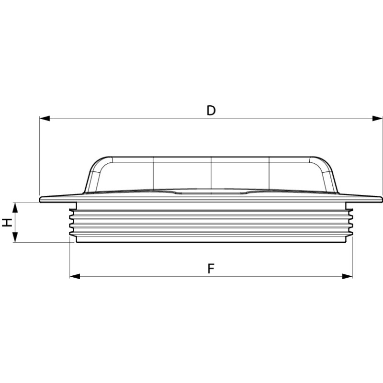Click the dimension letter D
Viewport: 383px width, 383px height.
click(x=211, y=111)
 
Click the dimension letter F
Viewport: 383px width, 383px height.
click(x=211, y=269)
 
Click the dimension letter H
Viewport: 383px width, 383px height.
click(x=7, y=222)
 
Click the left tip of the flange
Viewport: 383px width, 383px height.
click(x=41, y=199)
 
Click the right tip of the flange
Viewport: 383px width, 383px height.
click(x=381, y=199)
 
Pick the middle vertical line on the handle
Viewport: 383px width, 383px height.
click(x=211, y=172)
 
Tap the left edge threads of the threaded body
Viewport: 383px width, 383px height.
click(x=72, y=223)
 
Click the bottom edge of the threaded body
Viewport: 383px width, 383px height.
click(x=211, y=242)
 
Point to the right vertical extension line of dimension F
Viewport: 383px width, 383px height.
click(x=352, y=259)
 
